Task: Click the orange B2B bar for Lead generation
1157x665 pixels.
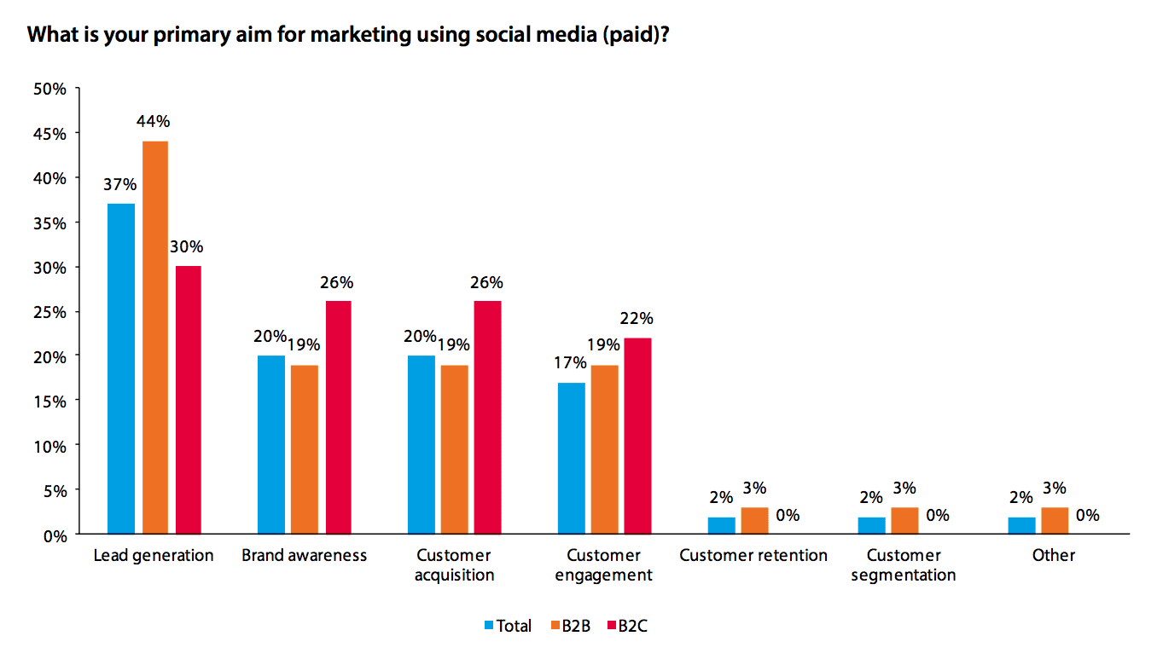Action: [154, 337]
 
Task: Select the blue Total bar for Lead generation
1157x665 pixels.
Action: [121, 368]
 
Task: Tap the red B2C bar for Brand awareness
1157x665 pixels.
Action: [338, 417]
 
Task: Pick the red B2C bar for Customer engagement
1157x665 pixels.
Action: [638, 436]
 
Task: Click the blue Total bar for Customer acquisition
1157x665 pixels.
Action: [422, 444]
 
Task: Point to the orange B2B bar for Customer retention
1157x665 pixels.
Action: [755, 521]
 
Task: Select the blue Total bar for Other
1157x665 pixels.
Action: [1021, 525]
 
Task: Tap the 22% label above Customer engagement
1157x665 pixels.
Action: [637, 319]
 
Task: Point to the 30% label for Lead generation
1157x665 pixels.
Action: [186, 247]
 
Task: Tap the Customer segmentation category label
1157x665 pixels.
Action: [904, 564]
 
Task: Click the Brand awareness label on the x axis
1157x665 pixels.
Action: [304, 555]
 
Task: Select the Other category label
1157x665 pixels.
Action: [1054, 555]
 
